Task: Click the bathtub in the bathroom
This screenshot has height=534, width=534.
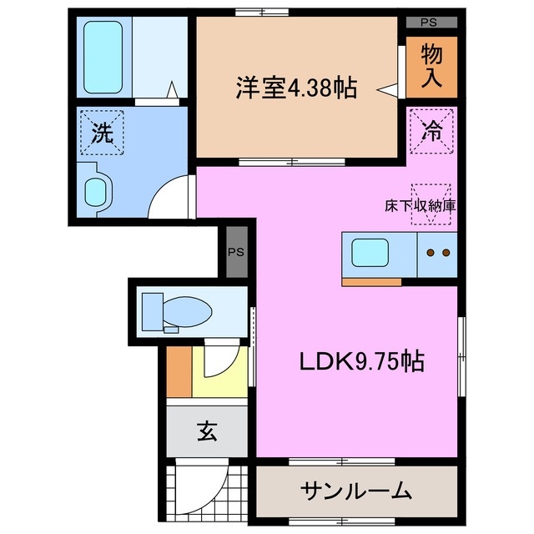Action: pyautogui.click(x=103, y=56)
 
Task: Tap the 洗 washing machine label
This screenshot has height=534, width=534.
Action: pyautogui.click(x=102, y=133)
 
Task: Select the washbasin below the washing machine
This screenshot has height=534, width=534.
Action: pyautogui.click(x=97, y=190)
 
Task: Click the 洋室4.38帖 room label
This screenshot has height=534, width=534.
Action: pyautogui.click(x=295, y=87)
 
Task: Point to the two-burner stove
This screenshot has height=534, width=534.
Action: pyautogui.click(x=436, y=253)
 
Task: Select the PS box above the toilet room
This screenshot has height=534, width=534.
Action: pyautogui.click(x=237, y=251)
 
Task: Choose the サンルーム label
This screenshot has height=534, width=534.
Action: pyautogui.click(x=356, y=490)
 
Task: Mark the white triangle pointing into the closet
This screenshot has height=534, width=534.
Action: pyautogui.click(x=387, y=87)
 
